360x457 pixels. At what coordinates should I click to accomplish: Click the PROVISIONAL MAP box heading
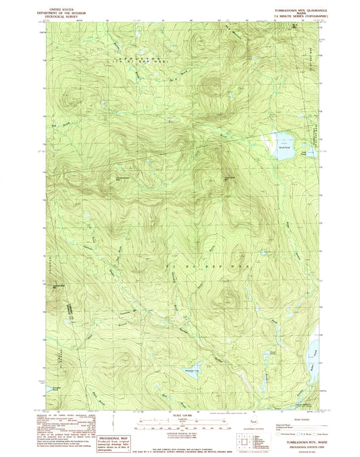click(x=109, y=418)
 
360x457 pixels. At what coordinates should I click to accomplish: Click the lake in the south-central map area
click(x=194, y=369)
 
